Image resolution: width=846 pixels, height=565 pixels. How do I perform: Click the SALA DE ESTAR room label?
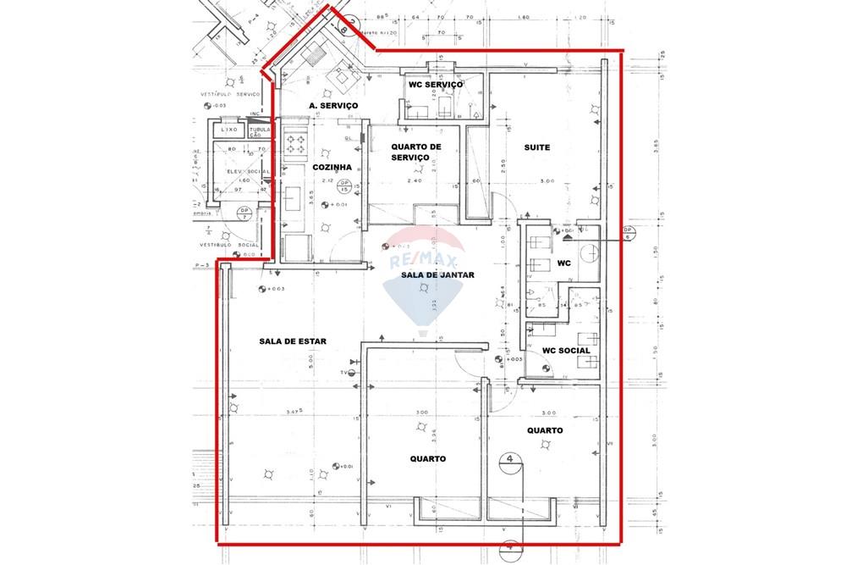pos(293,341)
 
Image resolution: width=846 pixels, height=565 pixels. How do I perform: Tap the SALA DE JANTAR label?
pos(437,275)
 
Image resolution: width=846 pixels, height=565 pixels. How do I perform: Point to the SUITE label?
pos(536,147)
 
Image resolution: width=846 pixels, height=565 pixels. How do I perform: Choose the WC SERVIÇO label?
pos(436,86)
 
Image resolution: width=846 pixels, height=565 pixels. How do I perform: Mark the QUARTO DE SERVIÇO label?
pos(416,152)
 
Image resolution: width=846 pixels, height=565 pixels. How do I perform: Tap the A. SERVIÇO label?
pos(333,105)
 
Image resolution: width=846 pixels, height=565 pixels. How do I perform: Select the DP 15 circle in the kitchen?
pos(343,186)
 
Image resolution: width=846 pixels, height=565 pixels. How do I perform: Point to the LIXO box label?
pos(228,130)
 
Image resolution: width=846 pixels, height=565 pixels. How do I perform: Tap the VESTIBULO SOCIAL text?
pos(222,246)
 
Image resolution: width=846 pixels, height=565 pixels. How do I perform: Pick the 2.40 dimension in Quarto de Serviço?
pos(415,180)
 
